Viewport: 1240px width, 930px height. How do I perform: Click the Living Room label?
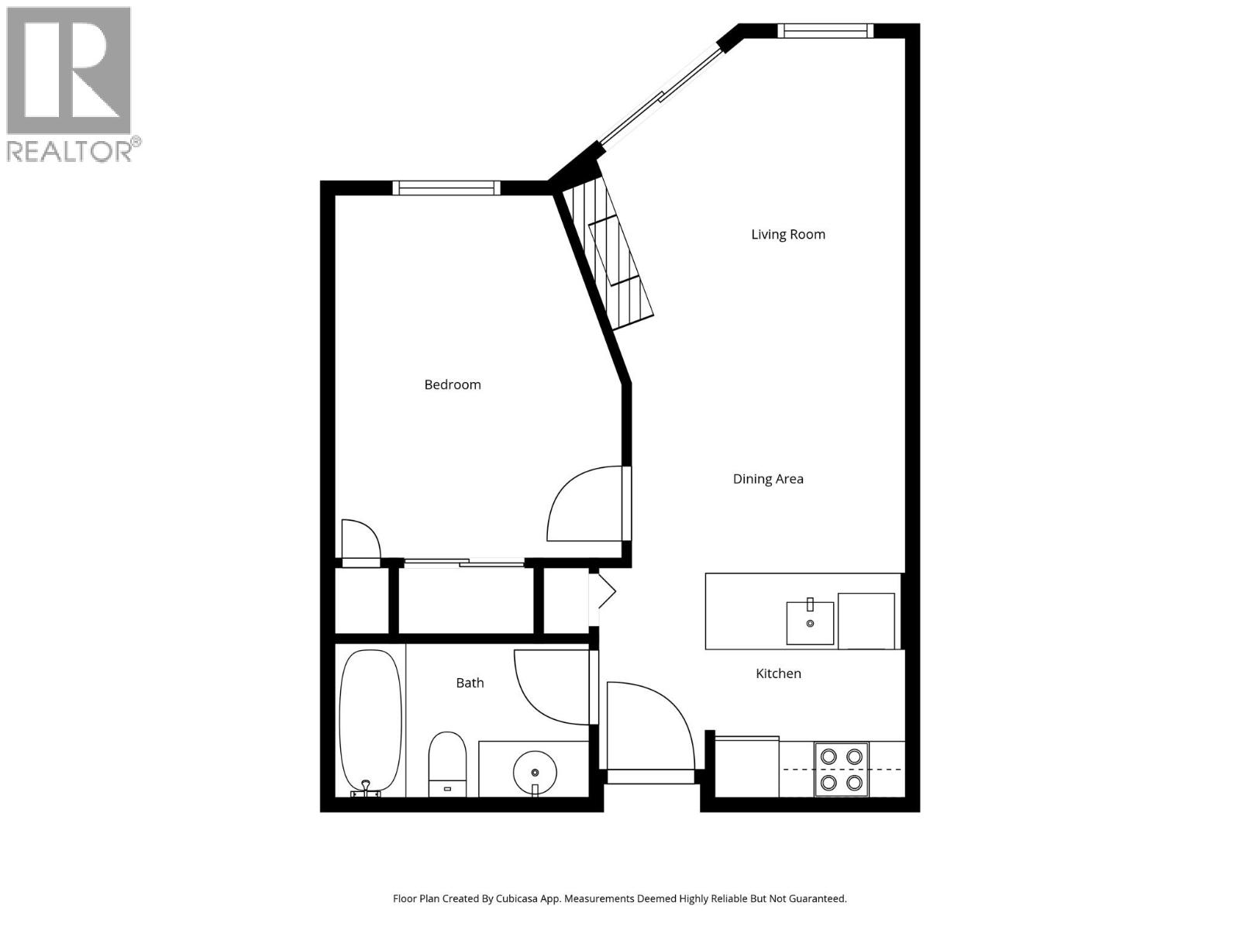tap(787, 234)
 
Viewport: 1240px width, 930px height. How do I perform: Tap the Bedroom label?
tap(453, 384)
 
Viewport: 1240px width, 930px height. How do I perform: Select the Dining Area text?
tap(768, 479)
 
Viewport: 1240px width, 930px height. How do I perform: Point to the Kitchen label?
tap(778, 673)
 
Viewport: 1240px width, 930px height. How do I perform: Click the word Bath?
tap(470, 683)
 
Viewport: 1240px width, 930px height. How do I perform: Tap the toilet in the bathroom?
tap(447, 763)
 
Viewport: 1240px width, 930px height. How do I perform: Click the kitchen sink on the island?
tap(810, 623)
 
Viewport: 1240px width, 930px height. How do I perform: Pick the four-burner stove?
tap(841, 770)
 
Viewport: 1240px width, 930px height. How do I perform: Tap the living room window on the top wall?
tap(825, 31)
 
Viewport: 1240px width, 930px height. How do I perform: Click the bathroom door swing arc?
tap(550, 686)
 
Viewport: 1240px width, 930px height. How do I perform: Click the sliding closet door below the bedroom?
tap(463, 563)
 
